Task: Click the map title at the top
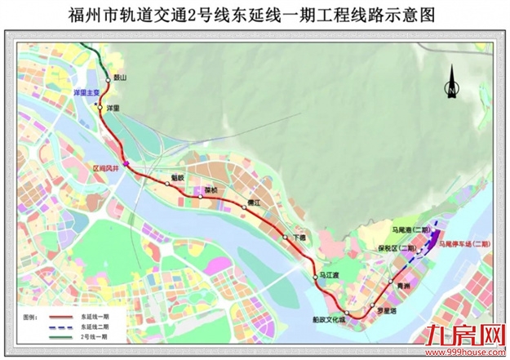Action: (255, 16)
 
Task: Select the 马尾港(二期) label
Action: (411, 231)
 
